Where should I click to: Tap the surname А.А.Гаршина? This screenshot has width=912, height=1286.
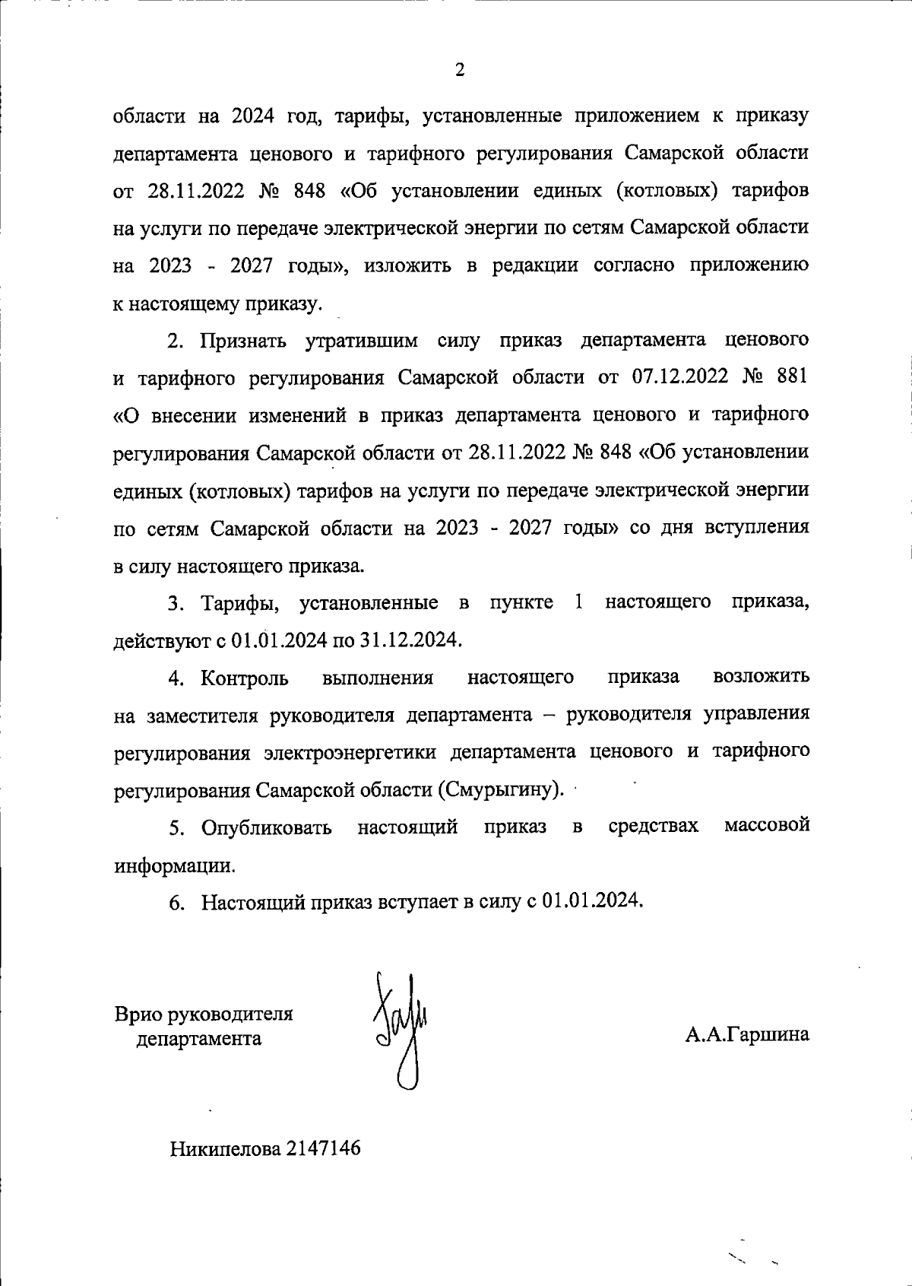point(746,1034)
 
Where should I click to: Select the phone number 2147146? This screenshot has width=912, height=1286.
point(322,1148)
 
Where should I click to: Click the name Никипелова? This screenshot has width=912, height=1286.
point(225,1148)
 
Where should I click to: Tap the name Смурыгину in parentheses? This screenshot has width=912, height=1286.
point(501,789)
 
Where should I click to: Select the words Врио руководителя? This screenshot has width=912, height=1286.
point(204,1014)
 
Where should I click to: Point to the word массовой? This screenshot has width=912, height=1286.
point(766,826)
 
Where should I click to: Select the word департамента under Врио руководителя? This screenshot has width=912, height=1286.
point(198,1039)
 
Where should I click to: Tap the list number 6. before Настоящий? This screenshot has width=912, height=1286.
point(176,903)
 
